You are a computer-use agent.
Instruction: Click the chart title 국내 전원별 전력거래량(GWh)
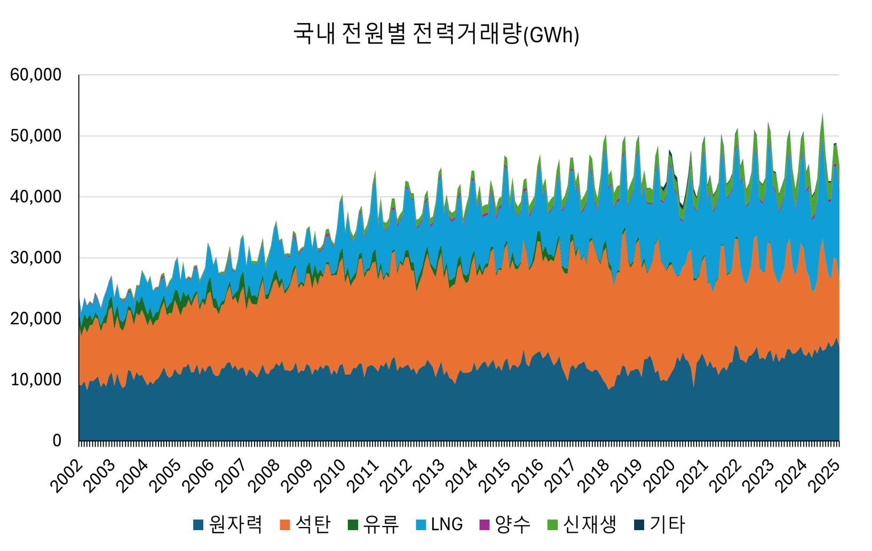point(436,34)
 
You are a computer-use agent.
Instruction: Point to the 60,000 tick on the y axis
point(36,75)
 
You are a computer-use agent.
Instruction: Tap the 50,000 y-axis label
point(36,136)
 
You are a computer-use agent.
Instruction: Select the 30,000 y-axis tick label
point(36,258)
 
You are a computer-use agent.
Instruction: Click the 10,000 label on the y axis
point(36,380)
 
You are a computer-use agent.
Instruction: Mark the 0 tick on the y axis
point(57,440)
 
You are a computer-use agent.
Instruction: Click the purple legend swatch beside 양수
point(485,525)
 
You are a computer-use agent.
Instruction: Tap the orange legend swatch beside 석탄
point(285,525)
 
